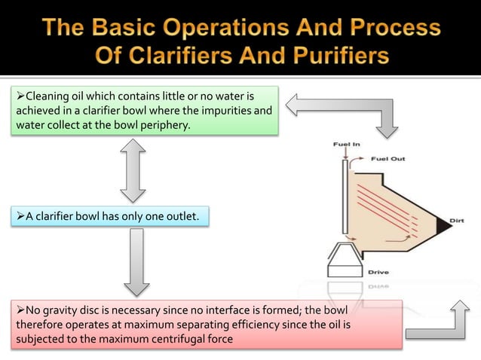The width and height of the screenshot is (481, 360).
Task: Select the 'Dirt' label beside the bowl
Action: pyautogui.click(x=456, y=220)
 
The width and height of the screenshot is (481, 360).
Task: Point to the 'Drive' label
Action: pyautogui.click(x=378, y=271)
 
